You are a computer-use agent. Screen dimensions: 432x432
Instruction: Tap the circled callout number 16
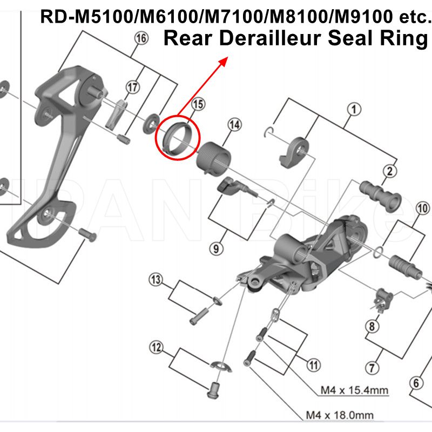point(141,38)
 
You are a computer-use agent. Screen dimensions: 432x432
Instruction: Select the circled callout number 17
point(133,87)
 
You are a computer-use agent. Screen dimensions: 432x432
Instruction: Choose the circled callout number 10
point(422,208)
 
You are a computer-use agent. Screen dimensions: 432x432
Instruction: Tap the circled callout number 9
point(215,248)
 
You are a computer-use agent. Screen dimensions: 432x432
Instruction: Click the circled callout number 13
point(156,280)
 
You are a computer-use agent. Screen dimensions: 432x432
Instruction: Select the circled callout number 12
point(156,347)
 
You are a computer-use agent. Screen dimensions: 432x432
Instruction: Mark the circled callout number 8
point(371,326)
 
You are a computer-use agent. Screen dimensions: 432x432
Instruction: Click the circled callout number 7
point(371,369)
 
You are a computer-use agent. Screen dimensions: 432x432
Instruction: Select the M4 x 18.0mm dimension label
point(340,415)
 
